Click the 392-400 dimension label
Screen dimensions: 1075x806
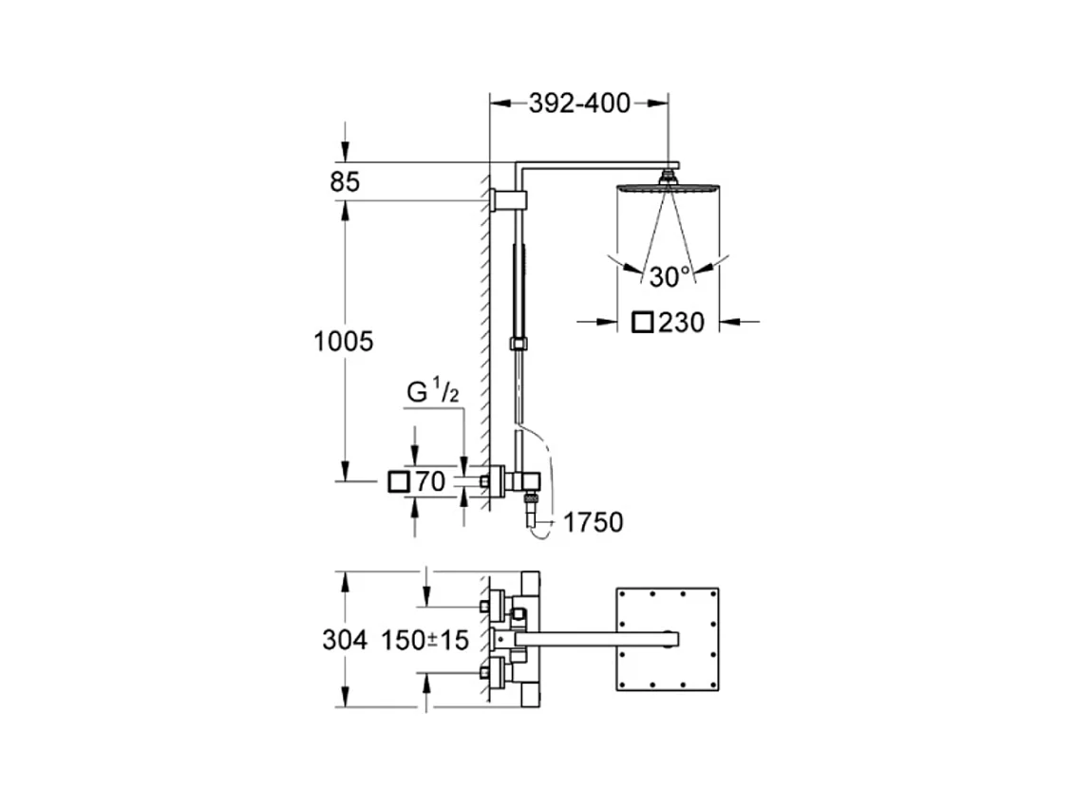pos(579,103)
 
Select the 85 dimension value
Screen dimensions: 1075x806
pos(345,182)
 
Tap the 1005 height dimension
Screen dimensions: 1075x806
pos(344,342)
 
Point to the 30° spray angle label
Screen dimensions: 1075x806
pos(670,277)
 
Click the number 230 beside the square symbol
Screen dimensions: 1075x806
pos(682,322)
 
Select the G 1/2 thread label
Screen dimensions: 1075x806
pos(433,392)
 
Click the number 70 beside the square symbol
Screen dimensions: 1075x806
pos(430,482)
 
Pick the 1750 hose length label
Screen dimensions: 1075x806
pos(593,522)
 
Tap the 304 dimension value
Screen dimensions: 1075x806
pos(345,640)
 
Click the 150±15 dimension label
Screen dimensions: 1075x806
pos(425,640)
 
